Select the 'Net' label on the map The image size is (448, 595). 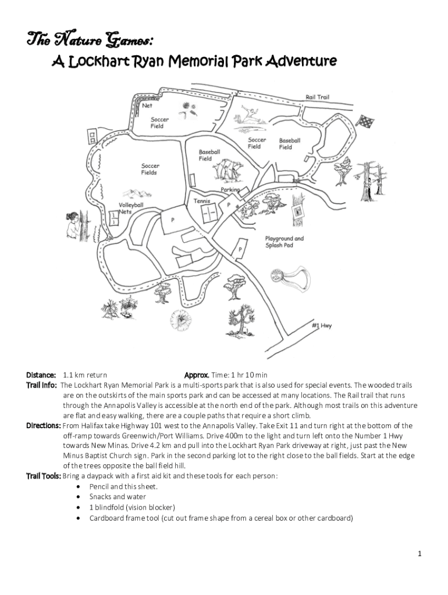pos(148,106)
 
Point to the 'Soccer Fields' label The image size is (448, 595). pos(150,169)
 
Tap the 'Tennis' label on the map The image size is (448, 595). pos(201,200)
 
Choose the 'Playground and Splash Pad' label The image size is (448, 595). pos(284,242)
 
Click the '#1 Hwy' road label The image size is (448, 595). pos(321,326)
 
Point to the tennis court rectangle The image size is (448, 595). pos(209,214)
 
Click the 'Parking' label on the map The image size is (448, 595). pos(230,191)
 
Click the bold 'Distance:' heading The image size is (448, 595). pos(41,375)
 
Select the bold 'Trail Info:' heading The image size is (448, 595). pos(41,385)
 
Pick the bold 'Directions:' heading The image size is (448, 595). pos(43,425)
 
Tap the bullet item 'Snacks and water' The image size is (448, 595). pos(118,497)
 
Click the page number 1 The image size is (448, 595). pos(419,554)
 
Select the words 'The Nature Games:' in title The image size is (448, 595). pos(91,41)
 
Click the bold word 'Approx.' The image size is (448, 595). pos(196,375)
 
